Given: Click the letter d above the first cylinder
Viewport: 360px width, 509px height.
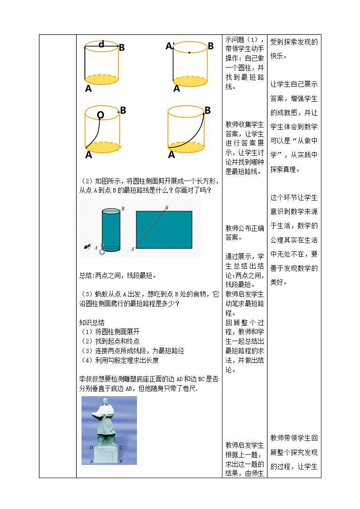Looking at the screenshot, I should pos(101,44).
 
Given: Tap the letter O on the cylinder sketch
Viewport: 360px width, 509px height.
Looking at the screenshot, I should pos(100,115).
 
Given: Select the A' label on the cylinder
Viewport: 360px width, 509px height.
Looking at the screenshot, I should pos(170,46).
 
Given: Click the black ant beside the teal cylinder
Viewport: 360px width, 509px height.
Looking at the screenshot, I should pos(88,246).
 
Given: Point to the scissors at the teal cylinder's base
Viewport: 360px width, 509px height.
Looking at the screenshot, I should pos(102,250).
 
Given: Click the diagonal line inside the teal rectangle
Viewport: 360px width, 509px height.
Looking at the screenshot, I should pos(150,229).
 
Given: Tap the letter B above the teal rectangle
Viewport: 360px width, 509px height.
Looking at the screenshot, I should pos(167,207).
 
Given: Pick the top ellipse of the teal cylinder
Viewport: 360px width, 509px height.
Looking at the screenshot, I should pos(111,211).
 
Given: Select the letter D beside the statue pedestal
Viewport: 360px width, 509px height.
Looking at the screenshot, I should pos(92,447).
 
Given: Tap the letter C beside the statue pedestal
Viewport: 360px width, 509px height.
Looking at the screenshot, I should pos(120,447).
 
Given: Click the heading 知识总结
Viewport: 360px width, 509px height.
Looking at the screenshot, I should pos(92,323).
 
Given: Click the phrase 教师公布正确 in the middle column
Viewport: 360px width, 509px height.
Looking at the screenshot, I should pos(245,228).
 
